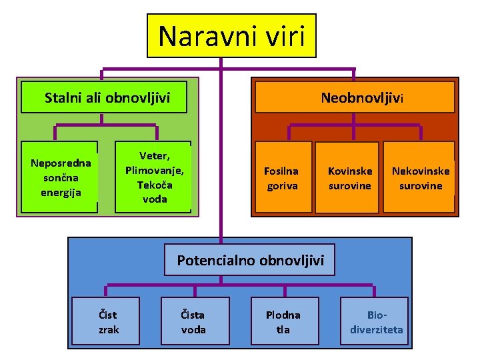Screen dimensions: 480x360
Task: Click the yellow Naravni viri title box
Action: [231, 36]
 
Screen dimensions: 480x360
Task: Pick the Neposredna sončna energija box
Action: [60, 177]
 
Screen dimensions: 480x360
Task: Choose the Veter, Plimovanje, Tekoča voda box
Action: [154, 177]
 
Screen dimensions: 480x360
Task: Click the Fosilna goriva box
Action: [281, 177]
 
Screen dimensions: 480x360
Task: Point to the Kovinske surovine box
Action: [349, 177]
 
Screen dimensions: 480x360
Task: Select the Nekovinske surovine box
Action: [420, 177]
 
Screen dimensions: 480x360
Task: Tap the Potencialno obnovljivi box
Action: [250, 260]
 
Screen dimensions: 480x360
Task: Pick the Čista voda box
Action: [194, 321]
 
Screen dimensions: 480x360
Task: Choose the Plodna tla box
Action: [283, 321]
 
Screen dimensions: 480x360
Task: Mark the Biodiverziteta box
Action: [377, 321]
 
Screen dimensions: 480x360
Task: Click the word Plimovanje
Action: [155, 169]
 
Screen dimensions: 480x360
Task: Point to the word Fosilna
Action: [281, 171]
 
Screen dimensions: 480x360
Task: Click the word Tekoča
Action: [155, 184]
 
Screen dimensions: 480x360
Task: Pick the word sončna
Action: [60, 177]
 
